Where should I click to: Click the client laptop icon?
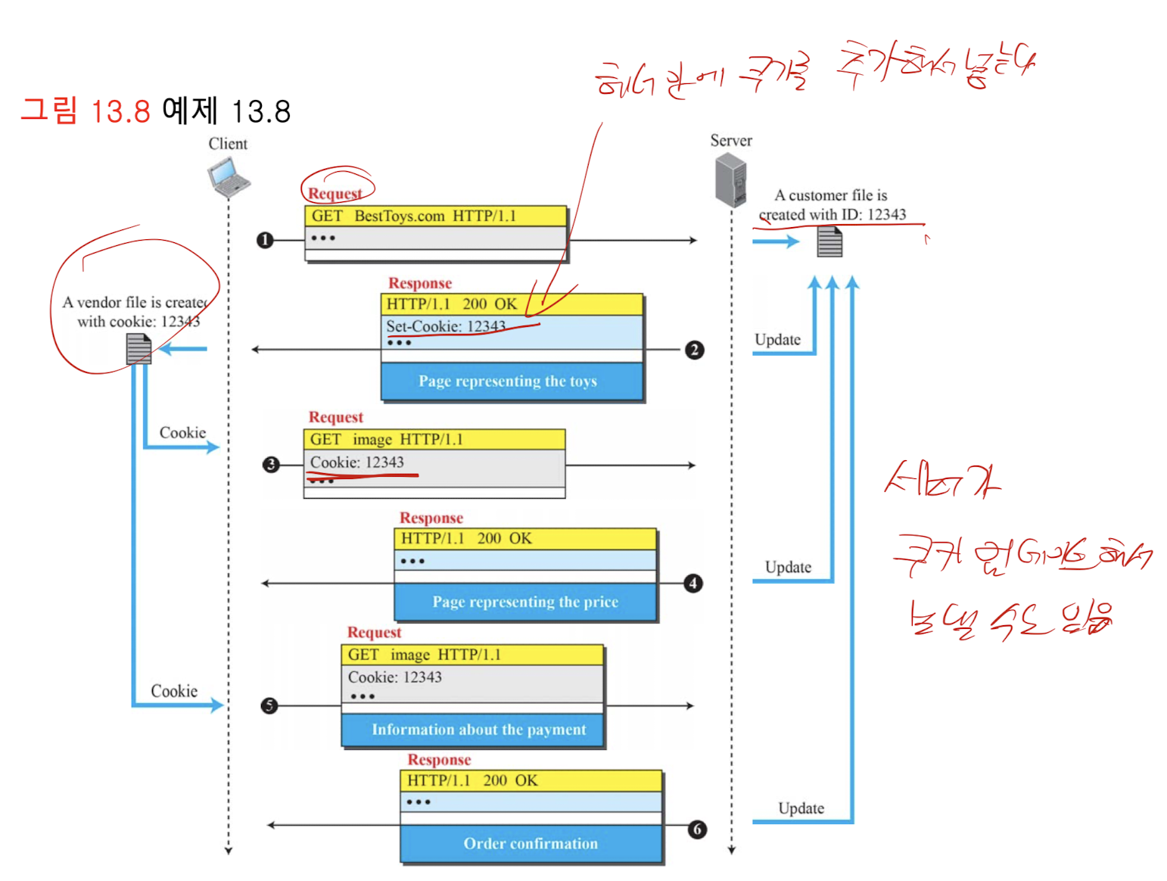point(229,178)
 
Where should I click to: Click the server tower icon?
point(731,180)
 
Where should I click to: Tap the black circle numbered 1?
point(265,240)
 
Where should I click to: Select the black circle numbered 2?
point(694,350)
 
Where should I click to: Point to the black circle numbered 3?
point(271,465)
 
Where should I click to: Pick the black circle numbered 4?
point(692,584)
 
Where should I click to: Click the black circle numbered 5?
point(269,705)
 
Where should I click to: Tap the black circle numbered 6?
point(697,830)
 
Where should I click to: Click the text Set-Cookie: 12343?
point(446,326)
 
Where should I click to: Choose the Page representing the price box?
point(525,602)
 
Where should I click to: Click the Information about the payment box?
point(478,730)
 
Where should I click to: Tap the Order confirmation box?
point(531,844)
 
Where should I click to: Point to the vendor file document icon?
point(138,349)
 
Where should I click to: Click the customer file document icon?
point(829,242)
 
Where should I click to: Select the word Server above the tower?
point(731,141)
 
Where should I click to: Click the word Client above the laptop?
point(228,144)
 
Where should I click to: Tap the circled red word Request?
point(335,194)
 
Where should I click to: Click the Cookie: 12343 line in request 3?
point(357,462)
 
